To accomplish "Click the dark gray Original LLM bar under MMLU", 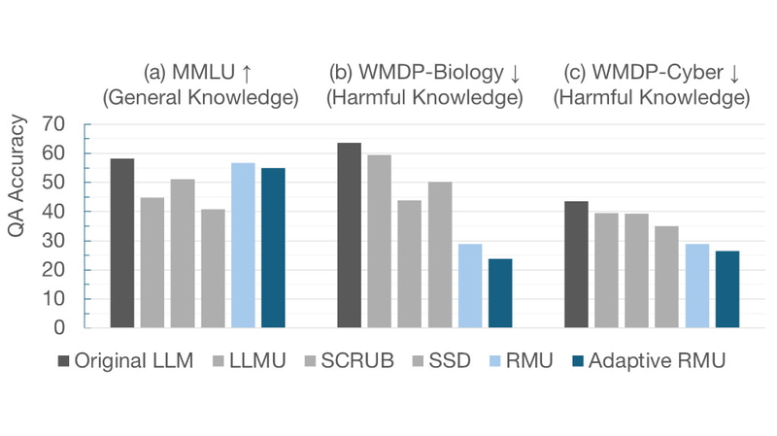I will [x=122, y=243].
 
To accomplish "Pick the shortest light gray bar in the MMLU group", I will [x=213, y=268].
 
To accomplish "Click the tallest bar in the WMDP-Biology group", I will [x=349, y=235].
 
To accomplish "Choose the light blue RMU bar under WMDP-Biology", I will [x=470, y=285].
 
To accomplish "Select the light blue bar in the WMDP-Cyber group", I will [x=697, y=285].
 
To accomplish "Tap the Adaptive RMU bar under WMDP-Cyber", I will [x=727, y=289].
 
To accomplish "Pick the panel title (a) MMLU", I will [x=198, y=73].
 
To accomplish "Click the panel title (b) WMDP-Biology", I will [x=424, y=73].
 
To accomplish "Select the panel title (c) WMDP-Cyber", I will [x=652, y=73].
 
